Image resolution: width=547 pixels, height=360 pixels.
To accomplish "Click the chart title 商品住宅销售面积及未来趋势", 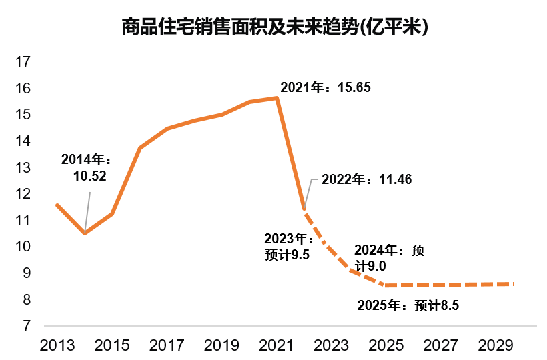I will pyautogui.click(x=274, y=27).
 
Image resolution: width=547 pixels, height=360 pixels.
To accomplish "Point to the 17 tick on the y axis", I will pyautogui.click(x=23, y=62).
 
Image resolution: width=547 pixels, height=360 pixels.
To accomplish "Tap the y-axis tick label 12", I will pyautogui.click(x=23, y=194).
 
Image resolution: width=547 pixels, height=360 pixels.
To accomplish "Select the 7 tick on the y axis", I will pyautogui.click(x=27, y=326).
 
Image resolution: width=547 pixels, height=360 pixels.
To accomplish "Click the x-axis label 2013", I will pyautogui.click(x=57, y=345).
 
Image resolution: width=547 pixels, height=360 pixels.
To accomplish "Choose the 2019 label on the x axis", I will pyautogui.click(x=222, y=345).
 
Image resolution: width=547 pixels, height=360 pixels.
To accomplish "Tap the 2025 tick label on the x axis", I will pyautogui.click(x=387, y=345).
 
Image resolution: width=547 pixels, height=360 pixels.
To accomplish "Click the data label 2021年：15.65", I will pyautogui.click(x=325, y=88).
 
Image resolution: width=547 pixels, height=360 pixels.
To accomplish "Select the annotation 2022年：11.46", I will pyautogui.click(x=366, y=179).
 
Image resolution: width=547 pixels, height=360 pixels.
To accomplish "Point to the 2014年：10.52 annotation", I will pyautogui.click(x=85, y=167).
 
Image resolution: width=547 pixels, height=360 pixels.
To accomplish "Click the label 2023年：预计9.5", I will pyautogui.click(x=288, y=246).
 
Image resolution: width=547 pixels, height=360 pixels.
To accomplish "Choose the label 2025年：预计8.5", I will pyautogui.click(x=409, y=306).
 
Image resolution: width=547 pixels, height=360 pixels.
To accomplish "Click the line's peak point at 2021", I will pyautogui.click(x=277, y=98).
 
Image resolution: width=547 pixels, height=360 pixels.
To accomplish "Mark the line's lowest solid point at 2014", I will pyautogui.click(x=85, y=233).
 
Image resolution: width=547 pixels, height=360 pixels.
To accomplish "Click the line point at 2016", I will pyautogui.click(x=139, y=148).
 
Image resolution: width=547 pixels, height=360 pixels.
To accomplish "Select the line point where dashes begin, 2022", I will pyautogui.click(x=304, y=209).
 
